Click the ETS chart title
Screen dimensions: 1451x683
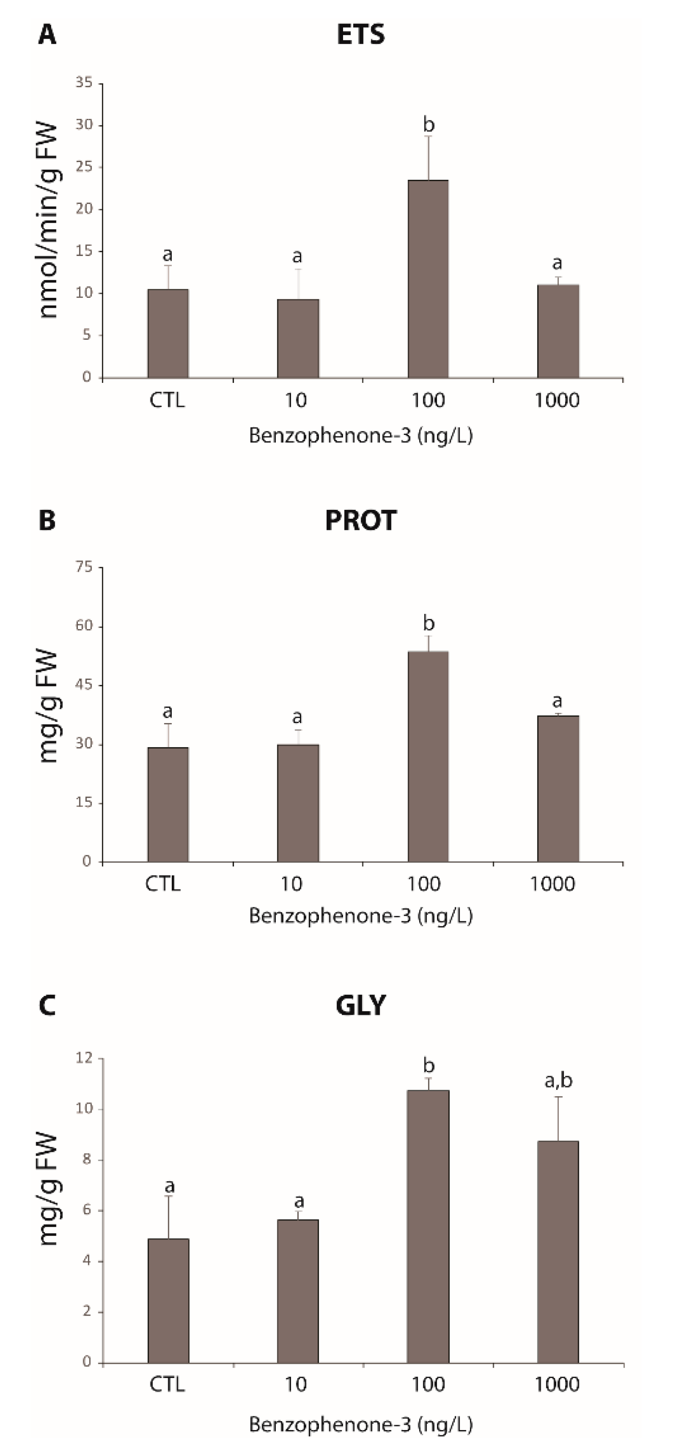pyautogui.click(x=360, y=34)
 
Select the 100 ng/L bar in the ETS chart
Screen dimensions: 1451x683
pyautogui.click(x=428, y=279)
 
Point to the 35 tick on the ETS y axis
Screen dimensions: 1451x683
pyautogui.click(x=85, y=83)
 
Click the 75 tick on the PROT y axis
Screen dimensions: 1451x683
pyautogui.click(x=85, y=567)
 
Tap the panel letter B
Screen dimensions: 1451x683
pyautogui.click(x=47, y=520)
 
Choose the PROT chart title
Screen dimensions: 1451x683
pyautogui.click(x=360, y=520)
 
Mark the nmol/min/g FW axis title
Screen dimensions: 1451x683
pyautogui.click(x=49, y=221)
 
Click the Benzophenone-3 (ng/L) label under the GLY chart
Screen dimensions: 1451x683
pyautogui.click(x=360, y=1425)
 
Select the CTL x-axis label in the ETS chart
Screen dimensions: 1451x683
pyautogui.click(x=167, y=401)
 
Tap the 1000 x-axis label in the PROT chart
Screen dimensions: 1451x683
pyautogui.click(x=552, y=884)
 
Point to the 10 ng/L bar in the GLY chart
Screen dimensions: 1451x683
pyautogui.click(x=298, y=1291)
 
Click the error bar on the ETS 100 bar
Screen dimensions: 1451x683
pyautogui.click(x=428, y=158)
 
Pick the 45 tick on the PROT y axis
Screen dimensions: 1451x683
pyautogui.click(x=85, y=685)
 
